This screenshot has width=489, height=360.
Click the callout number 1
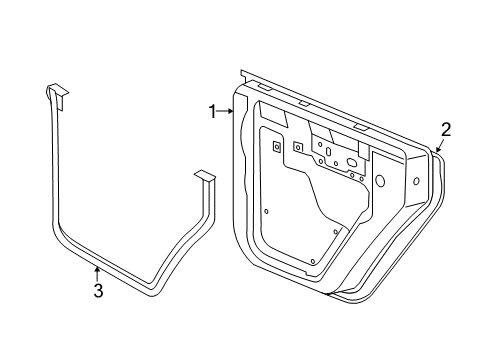click(x=212, y=112)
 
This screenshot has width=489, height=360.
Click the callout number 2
click(x=446, y=127)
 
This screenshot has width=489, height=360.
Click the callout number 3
click(x=98, y=291)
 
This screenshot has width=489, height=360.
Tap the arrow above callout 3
click(x=96, y=271)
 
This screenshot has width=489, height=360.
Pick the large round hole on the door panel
click(x=380, y=181)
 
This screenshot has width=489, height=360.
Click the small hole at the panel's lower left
click(x=266, y=211)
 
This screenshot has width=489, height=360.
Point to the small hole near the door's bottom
click(x=312, y=260)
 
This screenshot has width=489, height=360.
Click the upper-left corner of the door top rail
click(x=243, y=72)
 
